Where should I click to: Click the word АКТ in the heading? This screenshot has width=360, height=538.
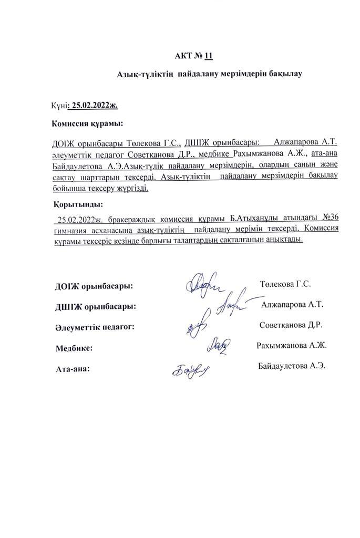[183, 55]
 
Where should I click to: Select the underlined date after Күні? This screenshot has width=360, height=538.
[95, 105]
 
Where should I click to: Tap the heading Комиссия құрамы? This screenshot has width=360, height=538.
[87, 123]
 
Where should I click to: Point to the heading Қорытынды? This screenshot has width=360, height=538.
[78, 204]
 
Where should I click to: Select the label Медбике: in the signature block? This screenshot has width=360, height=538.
[74, 348]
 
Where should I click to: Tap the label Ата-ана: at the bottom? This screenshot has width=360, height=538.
[73, 369]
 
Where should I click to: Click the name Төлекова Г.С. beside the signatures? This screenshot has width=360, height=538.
[285, 284]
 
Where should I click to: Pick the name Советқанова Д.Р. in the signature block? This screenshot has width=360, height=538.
[291, 325]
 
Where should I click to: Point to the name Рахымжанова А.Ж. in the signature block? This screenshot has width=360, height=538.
[292, 346]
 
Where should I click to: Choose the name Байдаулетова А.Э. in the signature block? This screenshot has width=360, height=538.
[292, 366]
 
